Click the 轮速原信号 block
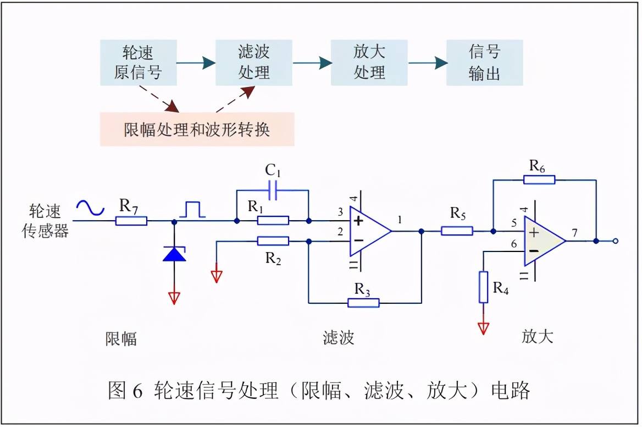click(x=138, y=63)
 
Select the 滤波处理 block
click(x=254, y=63)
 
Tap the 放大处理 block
click(x=369, y=63)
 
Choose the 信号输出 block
click(x=484, y=63)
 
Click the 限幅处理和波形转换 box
click(x=197, y=130)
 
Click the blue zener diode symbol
click(x=175, y=254)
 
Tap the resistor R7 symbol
click(x=131, y=221)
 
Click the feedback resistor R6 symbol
click(x=539, y=179)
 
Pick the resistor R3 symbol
click(x=363, y=303)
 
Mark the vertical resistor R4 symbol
click(x=483, y=287)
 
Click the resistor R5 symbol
click(x=457, y=231)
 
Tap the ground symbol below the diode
click(x=175, y=297)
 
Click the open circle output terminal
click(x=616, y=241)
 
